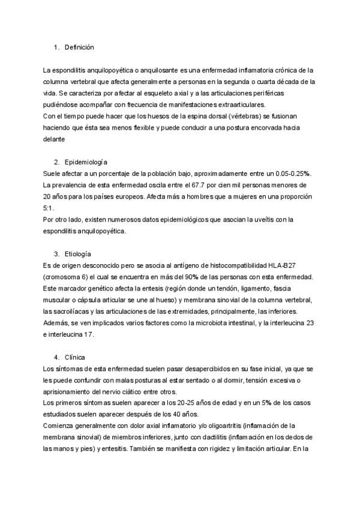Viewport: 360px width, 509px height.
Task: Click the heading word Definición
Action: [79, 47]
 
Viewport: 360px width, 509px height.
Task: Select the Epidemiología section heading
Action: [85, 162]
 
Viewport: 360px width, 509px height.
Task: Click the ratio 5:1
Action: [49, 208]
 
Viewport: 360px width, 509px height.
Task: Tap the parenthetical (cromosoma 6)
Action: [68, 277]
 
